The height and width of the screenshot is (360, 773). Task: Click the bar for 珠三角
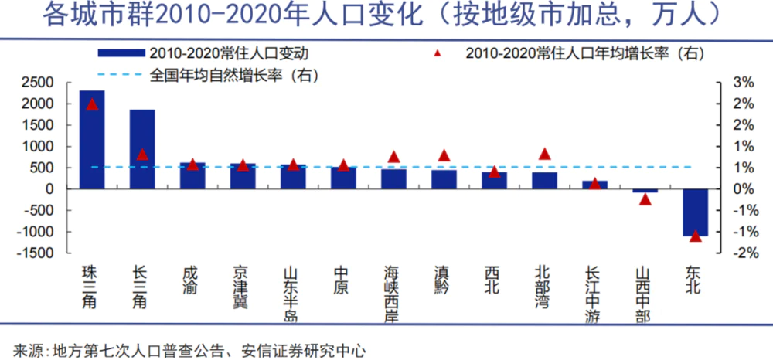(92, 140)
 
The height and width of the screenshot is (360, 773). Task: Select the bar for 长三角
(142, 150)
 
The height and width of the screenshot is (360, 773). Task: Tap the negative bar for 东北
(695, 212)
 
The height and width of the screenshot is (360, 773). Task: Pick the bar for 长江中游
(594, 185)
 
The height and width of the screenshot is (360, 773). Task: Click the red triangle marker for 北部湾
(544, 154)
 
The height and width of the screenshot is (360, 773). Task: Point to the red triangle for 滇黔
(444, 155)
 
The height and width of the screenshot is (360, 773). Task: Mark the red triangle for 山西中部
(645, 199)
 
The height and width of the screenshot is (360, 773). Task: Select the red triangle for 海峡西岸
(393, 157)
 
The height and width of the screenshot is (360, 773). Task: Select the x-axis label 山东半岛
(293, 294)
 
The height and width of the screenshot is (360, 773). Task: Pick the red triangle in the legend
(438, 53)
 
